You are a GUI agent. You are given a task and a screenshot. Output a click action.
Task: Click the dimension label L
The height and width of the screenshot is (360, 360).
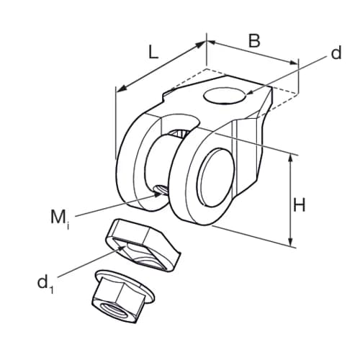click(153, 51)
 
